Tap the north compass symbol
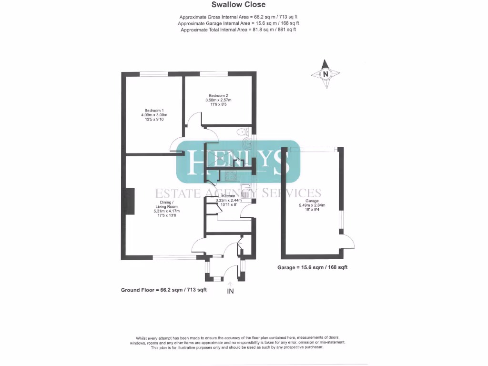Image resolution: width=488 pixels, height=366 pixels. (x=325, y=74)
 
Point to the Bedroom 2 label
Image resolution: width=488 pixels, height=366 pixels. (x=218, y=95)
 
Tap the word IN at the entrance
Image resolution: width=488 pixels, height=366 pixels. (x=230, y=291)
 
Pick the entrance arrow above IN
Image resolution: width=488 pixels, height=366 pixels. (x=231, y=283)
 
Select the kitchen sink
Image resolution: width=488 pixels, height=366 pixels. (x=246, y=188)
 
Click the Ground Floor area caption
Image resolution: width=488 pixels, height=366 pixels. (x=163, y=290)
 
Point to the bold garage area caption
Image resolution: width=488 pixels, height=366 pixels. (x=312, y=267)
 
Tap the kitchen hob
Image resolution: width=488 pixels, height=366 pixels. (x=231, y=175)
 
